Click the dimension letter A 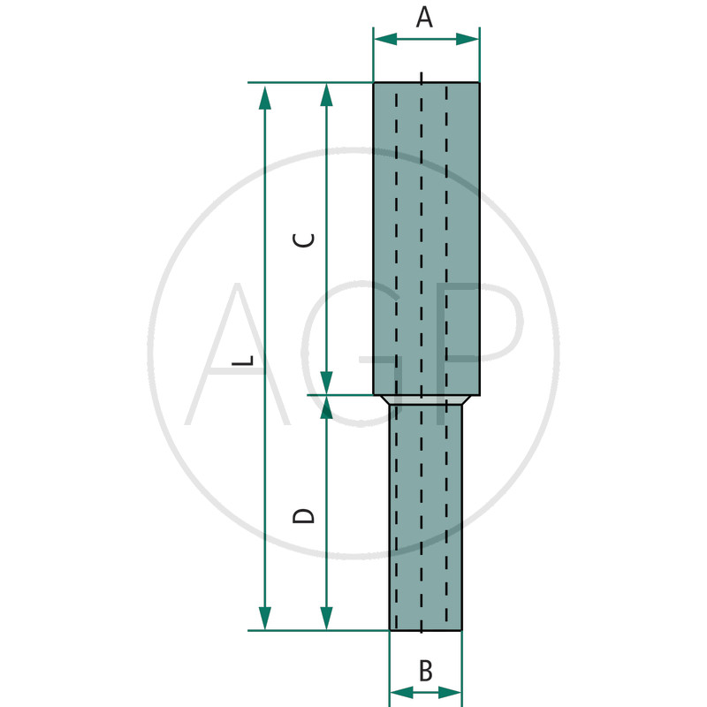pyautogui.click(x=424, y=18)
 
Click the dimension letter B pyautogui.click(x=426, y=671)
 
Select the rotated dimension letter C pyautogui.click(x=303, y=239)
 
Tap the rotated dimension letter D pyautogui.click(x=303, y=516)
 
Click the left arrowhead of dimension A pyautogui.click(x=386, y=39)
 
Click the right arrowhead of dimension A pyautogui.click(x=468, y=39)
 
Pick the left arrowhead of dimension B pyautogui.click(x=402, y=692)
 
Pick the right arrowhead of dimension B pyautogui.click(x=450, y=692)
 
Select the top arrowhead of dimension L pyautogui.click(x=265, y=98)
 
